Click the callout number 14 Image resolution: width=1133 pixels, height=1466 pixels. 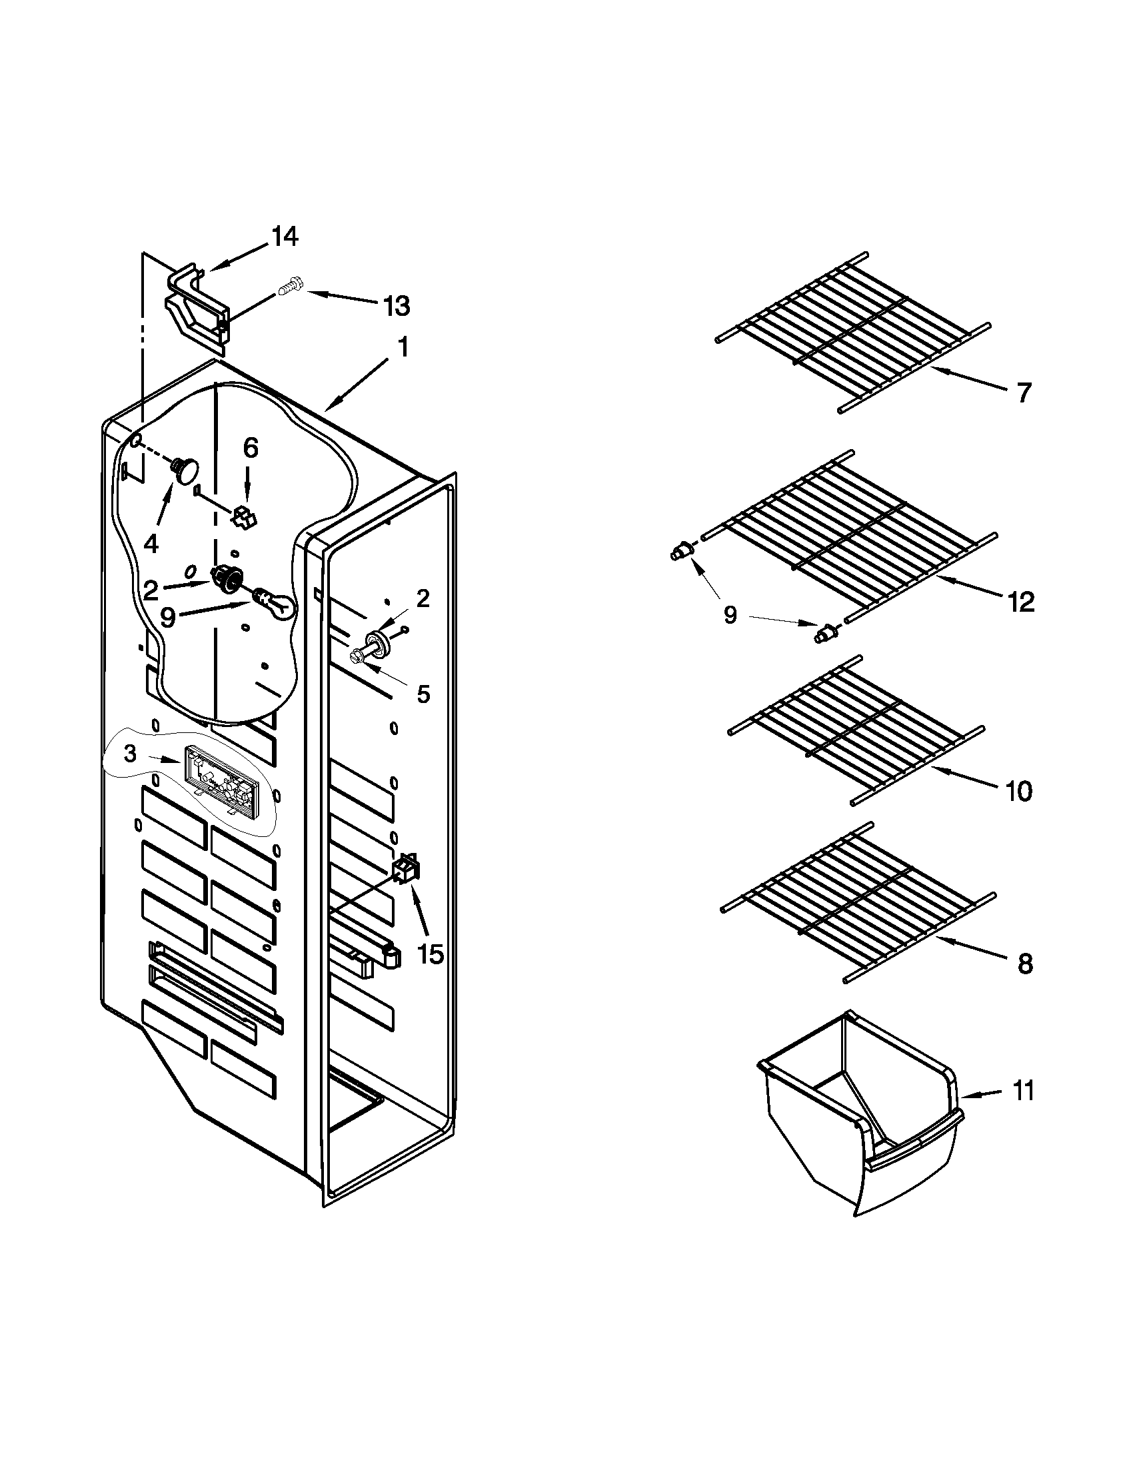click(285, 237)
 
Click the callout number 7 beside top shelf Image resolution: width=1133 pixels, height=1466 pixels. click(1022, 392)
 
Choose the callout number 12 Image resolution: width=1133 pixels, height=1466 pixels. click(1021, 602)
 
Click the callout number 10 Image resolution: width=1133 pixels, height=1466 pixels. click(1019, 792)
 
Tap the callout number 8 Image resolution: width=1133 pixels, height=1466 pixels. click(1024, 966)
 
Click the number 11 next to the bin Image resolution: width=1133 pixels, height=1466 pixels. click(1022, 1092)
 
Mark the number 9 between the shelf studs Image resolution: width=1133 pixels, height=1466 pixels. click(730, 615)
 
